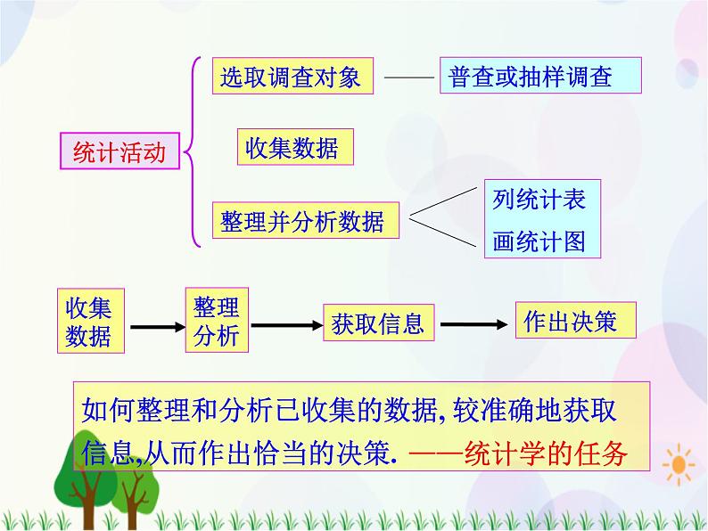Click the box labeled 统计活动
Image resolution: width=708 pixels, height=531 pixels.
(x=119, y=152)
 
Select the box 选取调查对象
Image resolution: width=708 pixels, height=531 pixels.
(x=291, y=77)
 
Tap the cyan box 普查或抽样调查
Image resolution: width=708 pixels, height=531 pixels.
(x=540, y=77)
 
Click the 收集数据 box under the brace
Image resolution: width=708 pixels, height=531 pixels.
(x=293, y=148)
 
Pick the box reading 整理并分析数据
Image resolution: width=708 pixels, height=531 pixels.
(x=302, y=221)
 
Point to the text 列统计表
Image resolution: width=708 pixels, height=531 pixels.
(x=539, y=200)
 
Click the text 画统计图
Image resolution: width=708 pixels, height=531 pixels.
(x=539, y=241)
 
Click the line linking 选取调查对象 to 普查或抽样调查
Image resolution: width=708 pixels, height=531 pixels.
(x=408, y=78)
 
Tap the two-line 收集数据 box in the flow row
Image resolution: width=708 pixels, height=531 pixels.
(x=89, y=322)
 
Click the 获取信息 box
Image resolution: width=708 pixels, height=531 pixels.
(x=378, y=323)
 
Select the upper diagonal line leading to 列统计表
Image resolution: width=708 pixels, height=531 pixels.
(x=443, y=202)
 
